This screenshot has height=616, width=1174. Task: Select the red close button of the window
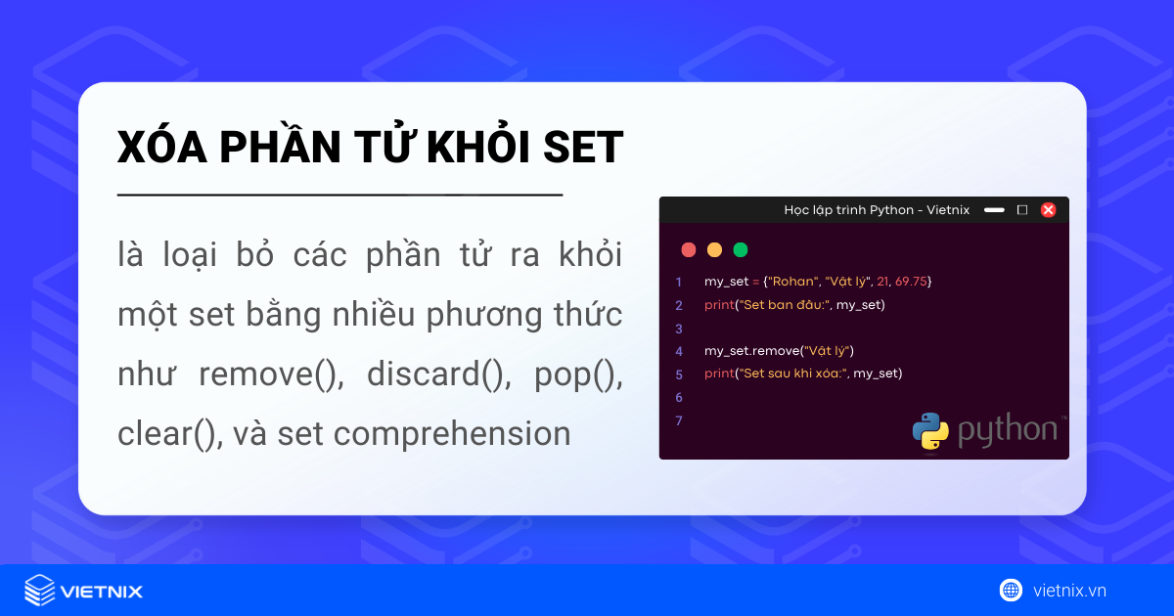1048,209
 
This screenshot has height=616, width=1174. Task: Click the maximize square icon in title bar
1022,209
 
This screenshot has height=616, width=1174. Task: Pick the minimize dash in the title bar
994,209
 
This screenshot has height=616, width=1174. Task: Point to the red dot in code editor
689,249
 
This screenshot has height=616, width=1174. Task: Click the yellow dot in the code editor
714,249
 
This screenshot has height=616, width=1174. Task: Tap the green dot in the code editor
741,249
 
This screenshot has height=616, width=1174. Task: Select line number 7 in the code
679,419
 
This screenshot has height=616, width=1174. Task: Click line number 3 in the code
679,328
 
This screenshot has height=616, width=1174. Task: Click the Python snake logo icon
930,431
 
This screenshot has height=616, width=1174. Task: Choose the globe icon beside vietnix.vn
1011,590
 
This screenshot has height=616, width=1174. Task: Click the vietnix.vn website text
1069,590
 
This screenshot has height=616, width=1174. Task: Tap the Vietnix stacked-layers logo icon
40,591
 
